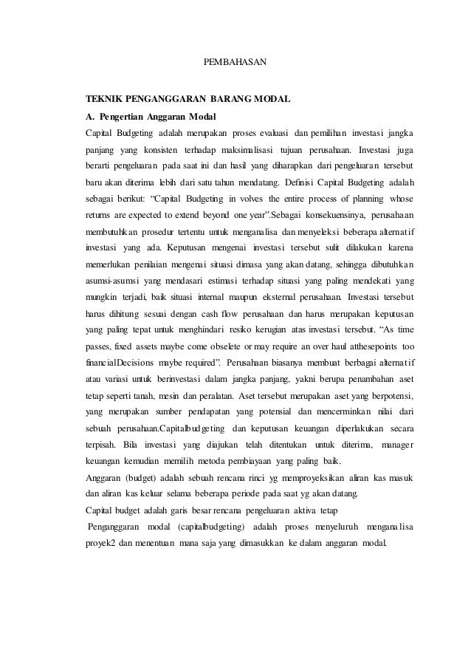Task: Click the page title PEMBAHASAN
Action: pos(235,57)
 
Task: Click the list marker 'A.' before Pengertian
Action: pos(92,116)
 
